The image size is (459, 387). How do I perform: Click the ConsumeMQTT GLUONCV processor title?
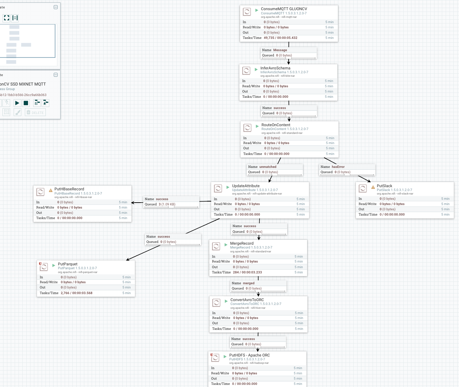pyautogui.click(x=284, y=9)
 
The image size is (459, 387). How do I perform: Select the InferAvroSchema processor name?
pyautogui.click(x=275, y=68)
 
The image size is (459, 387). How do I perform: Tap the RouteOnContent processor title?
pyautogui.click(x=276, y=125)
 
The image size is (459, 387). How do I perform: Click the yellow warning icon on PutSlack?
pyautogui.click(x=373, y=187)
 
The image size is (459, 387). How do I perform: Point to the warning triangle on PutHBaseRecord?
pyautogui.click(x=51, y=190)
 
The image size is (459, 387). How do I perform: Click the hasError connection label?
pyautogui.click(x=338, y=167)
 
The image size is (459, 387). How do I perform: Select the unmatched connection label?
pyautogui.click(x=268, y=167)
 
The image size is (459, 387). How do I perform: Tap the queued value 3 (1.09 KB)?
pyautogui.click(x=167, y=204)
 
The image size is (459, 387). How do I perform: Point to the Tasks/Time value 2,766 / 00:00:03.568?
pyautogui.click(x=76, y=293)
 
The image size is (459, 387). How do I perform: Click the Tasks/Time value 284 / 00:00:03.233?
pyautogui.click(x=247, y=272)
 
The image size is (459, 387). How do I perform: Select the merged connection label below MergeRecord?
pyautogui.click(x=248, y=283)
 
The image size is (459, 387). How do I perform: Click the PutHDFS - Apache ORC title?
pyautogui.click(x=249, y=355)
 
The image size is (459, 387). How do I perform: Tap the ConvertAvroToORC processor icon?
pyautogui.click(x=217, y=302)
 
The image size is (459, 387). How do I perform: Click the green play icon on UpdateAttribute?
pyautogui.click(x=228, y=187)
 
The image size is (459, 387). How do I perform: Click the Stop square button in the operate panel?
pyautogui.click(x=26, y=103)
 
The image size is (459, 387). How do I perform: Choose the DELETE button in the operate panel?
pyautogui.click(x=35, y=113)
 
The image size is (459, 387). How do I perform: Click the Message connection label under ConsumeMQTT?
pyautogui.click(x=280, y=50)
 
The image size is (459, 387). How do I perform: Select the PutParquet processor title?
pyautogui.click(x=68, y=264)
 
